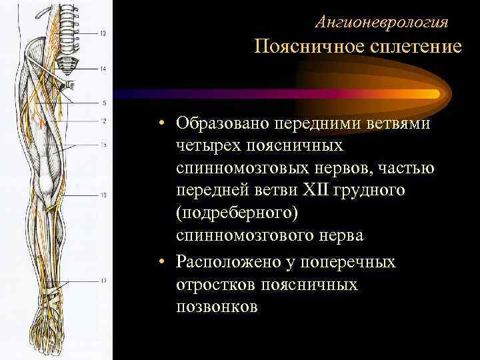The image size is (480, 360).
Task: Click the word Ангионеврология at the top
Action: pos(381,22)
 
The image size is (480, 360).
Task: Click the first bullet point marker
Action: pos(162,124)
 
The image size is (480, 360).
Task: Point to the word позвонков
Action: pos(217,307)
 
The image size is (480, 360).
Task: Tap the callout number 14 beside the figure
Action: pos(103,69)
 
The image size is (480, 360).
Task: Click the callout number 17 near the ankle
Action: pos(103,281)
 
